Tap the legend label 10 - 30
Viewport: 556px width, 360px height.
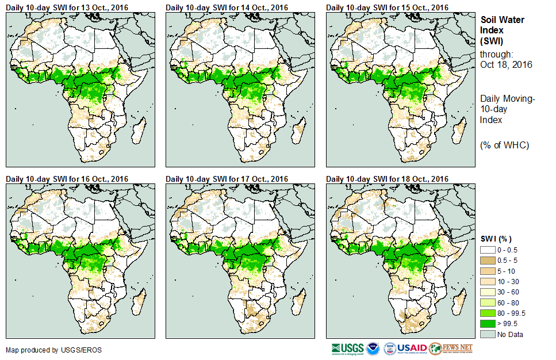pos(508,282)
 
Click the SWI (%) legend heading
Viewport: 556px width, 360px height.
pos(496,239)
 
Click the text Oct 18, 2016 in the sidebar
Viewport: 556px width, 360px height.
pos(506,64)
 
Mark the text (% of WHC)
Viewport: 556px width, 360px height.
pos(504,145)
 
